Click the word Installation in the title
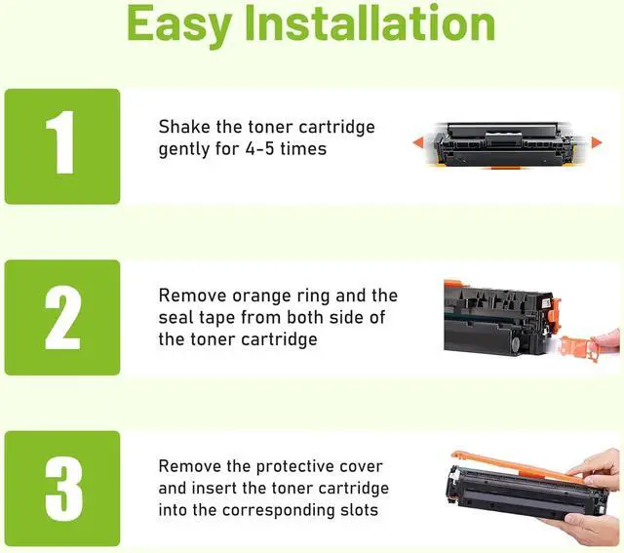click(x=370, y=22)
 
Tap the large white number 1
click(x=60, y=142)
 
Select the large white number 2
click(x=62, y=317)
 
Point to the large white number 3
click(x=63, y=489)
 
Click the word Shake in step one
click(x=184, y=127)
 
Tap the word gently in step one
click(x=184, y=150)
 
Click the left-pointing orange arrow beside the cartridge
click(x=417, y=142)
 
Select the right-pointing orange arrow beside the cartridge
click(x=597, y=142)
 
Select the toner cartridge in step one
click(x=506, y=144)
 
